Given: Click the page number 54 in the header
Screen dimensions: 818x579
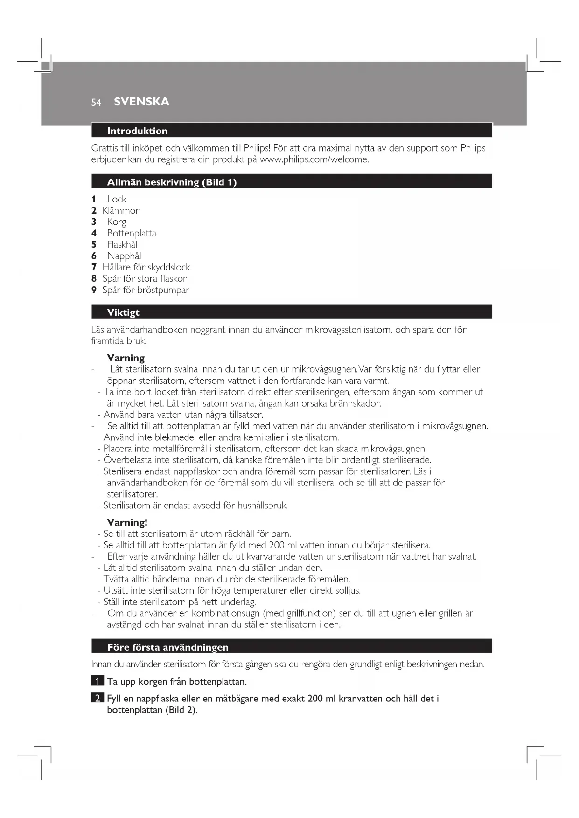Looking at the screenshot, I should [x=96, y=103].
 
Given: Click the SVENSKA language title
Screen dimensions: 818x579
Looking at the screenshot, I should [x=141, y=102].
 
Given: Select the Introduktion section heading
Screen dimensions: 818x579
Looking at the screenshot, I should [x=137, y=131].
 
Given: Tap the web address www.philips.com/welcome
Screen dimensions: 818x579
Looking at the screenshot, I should [x=314, y=159].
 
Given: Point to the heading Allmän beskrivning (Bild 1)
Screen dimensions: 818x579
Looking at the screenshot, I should [x=172, y=182].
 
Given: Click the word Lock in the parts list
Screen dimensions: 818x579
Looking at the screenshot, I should [x=117, y=199].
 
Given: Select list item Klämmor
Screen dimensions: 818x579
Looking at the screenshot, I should [x=121, y=210].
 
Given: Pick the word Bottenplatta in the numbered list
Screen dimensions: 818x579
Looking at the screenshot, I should [x=132, y=233].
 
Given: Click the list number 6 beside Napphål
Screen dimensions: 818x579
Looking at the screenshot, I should [x=94, y=256].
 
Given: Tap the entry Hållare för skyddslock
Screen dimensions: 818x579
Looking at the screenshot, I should [x=146, y=267].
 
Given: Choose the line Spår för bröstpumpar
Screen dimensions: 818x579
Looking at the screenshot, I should [x=146, y=290].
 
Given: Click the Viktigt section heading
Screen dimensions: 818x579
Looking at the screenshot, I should [x=123, y=312].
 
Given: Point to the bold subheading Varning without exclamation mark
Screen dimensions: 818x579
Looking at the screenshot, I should [x=126, y=358].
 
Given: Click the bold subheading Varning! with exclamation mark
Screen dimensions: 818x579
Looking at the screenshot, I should [x=127, y=522].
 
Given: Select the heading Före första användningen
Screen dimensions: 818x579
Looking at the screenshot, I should [x=167, y=647].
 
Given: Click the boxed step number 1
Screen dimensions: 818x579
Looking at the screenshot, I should [x=97, y=681].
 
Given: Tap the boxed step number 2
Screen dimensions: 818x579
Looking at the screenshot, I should [x=97, y=698].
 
